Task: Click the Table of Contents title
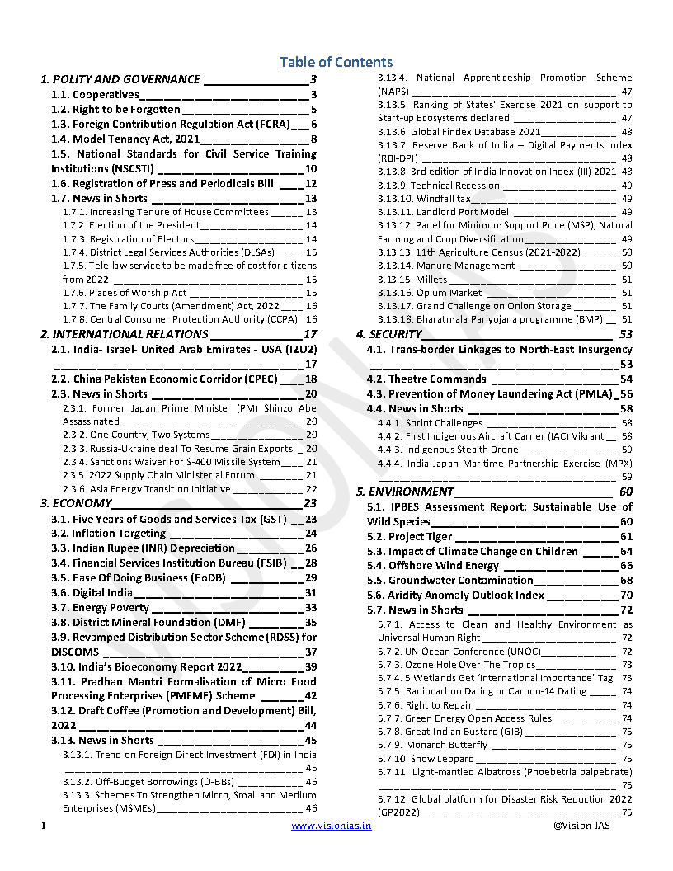point(336,62)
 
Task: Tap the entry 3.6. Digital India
point(102,593)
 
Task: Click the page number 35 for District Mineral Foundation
point(311,623)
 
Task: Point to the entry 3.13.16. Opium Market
point(430,293)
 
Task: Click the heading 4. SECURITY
point(389,334)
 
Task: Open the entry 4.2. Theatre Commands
point(426,379)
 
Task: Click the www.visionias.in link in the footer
point(331,826)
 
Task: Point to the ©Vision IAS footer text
point(581,826)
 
